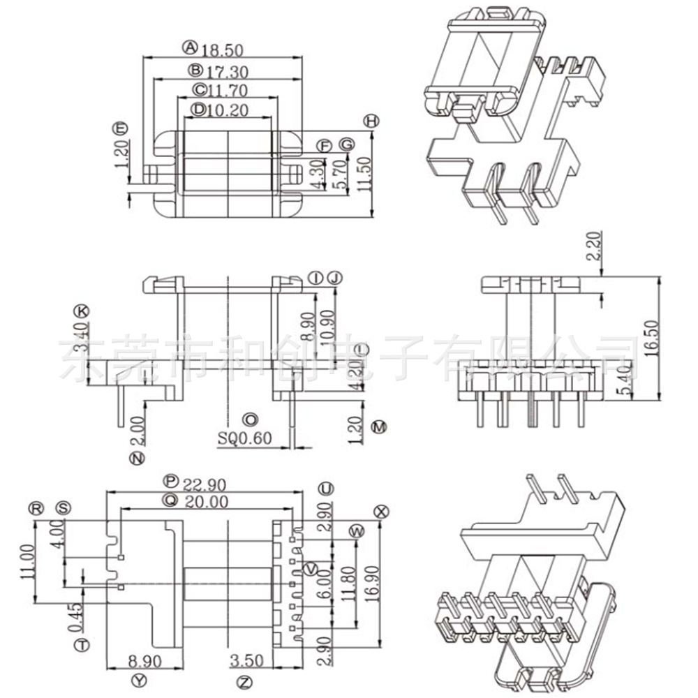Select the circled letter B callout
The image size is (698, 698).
tap(195, 70)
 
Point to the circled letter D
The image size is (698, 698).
tap(199, 109)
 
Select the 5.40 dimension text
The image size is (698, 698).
tap(628, 380)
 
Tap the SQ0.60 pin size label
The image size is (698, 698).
tap(244, 438)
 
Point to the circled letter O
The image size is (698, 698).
tap(249, 419)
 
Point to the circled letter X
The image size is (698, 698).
tap(380, 510)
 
